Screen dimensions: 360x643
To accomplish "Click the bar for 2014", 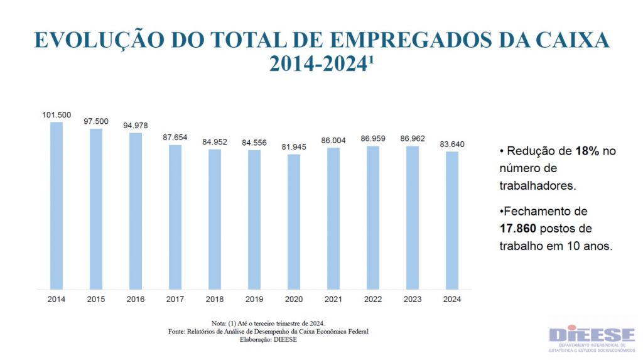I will click(x=57, y=205).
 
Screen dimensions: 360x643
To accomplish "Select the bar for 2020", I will click(x=294, y=222).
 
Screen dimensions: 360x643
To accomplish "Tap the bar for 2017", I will click(x=175, y=217).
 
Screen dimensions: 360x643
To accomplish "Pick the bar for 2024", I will click(x=452, y=221).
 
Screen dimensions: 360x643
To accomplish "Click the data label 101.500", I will click(x=57, y=115).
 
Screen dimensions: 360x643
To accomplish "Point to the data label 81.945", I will click(x=294, y=147).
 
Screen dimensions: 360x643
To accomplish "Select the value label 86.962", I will click(x=413, y=139).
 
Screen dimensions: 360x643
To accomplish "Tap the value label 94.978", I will click(x=136, y=126).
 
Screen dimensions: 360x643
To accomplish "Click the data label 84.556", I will click(x=254, y=143).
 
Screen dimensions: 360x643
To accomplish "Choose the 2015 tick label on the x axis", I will click(x=96, y=299).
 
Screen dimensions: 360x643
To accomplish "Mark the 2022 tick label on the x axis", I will click(x=373, y=299).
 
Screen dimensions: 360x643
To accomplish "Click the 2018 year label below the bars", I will click(x=215, y=299).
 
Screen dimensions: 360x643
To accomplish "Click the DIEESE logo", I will click(x=592, y=339).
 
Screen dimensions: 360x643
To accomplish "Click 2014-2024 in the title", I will click(x=318, y=64).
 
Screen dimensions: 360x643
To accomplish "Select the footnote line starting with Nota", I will click(x=268, y=322).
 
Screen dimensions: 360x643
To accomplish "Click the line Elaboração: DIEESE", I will click(x=268, y=340).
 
